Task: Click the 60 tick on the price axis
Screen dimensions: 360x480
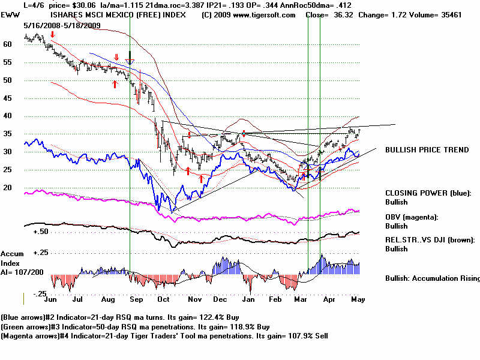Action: (8, 44)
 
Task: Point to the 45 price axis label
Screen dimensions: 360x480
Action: (8, 98)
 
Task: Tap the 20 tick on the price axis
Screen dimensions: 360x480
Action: (8, 188)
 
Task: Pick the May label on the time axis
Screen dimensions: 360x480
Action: (358, 298)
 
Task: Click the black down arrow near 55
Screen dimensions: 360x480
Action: (130, 58)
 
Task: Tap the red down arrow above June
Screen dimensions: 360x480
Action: (53, 35)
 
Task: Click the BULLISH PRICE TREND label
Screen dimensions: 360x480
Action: (427, 150)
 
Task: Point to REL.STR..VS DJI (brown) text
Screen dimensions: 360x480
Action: (430, 239)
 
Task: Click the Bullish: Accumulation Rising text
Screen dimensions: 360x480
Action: (432, 278)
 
